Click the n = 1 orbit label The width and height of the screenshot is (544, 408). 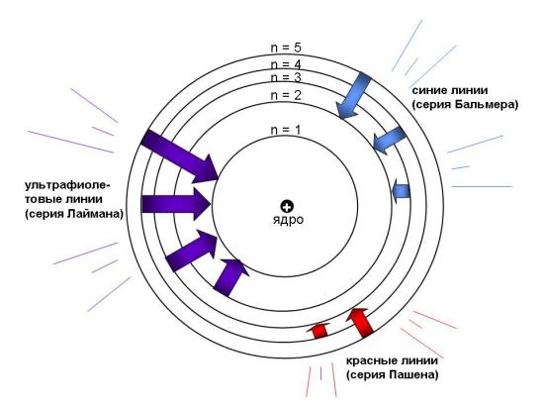click(286, 130)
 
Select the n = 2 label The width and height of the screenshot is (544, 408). click(286, 95)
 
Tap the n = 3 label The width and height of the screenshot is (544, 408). click(286, 77)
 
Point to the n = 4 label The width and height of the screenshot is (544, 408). click(286, 64)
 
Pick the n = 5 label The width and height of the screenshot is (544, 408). click(286, 48)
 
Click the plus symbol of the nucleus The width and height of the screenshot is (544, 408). click(287, 207)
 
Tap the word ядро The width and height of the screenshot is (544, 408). click(288, 220)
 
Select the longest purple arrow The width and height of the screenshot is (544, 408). click(180, 156)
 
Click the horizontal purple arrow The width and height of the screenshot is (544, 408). click(176, 204)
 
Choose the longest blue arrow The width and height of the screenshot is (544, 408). click(353, 95)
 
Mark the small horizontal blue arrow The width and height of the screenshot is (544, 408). click(401, 191)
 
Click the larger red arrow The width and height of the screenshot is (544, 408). click(360, 322)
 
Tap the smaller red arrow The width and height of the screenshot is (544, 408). click(318, 330)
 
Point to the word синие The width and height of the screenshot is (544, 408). click(430, 90)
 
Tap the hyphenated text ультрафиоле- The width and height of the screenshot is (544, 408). click(67, 186)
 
